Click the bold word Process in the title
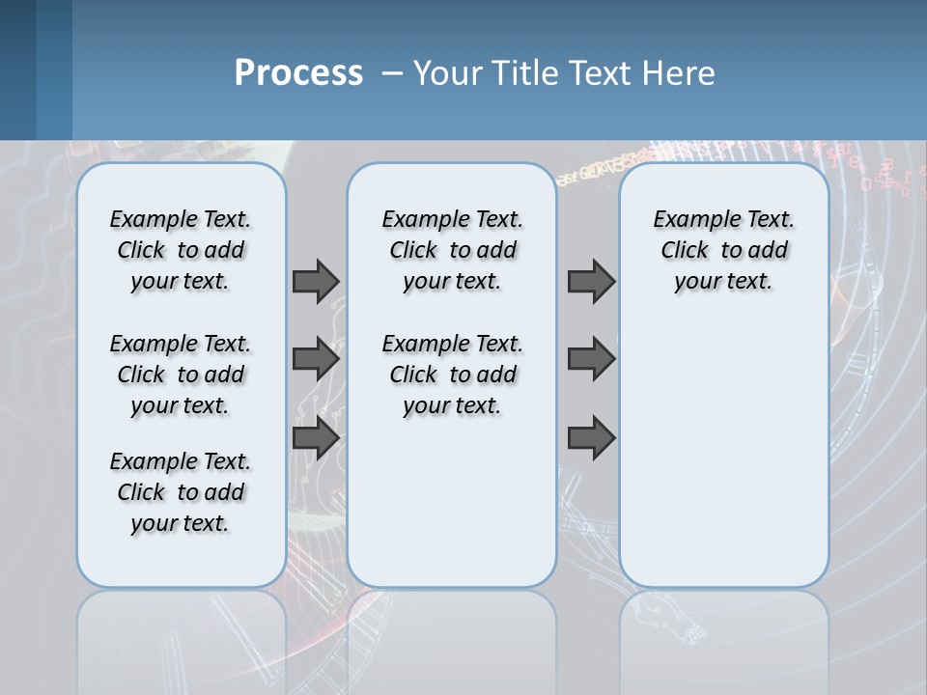[x=298, y=73]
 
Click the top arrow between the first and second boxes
[x=316, y=281]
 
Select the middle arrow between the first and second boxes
[x=316, y=359]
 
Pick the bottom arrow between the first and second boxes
[x=316, y=438]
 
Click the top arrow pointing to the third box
[x=591, y=281]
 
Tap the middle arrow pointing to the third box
[x=591, y=359]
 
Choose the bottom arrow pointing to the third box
[x=591, y=438]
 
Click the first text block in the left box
[x=181, y=250]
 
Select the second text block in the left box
[x=181, y=375]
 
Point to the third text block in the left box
[x=181, y=492]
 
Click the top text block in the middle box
[x=452, y=250]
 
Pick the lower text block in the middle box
[x=452, y=375]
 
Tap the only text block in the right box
[x=723, y=250]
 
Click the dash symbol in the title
[x=392, y=73]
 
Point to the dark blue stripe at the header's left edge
[x=17, y=69]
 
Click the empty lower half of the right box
[x=723, y=463]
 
